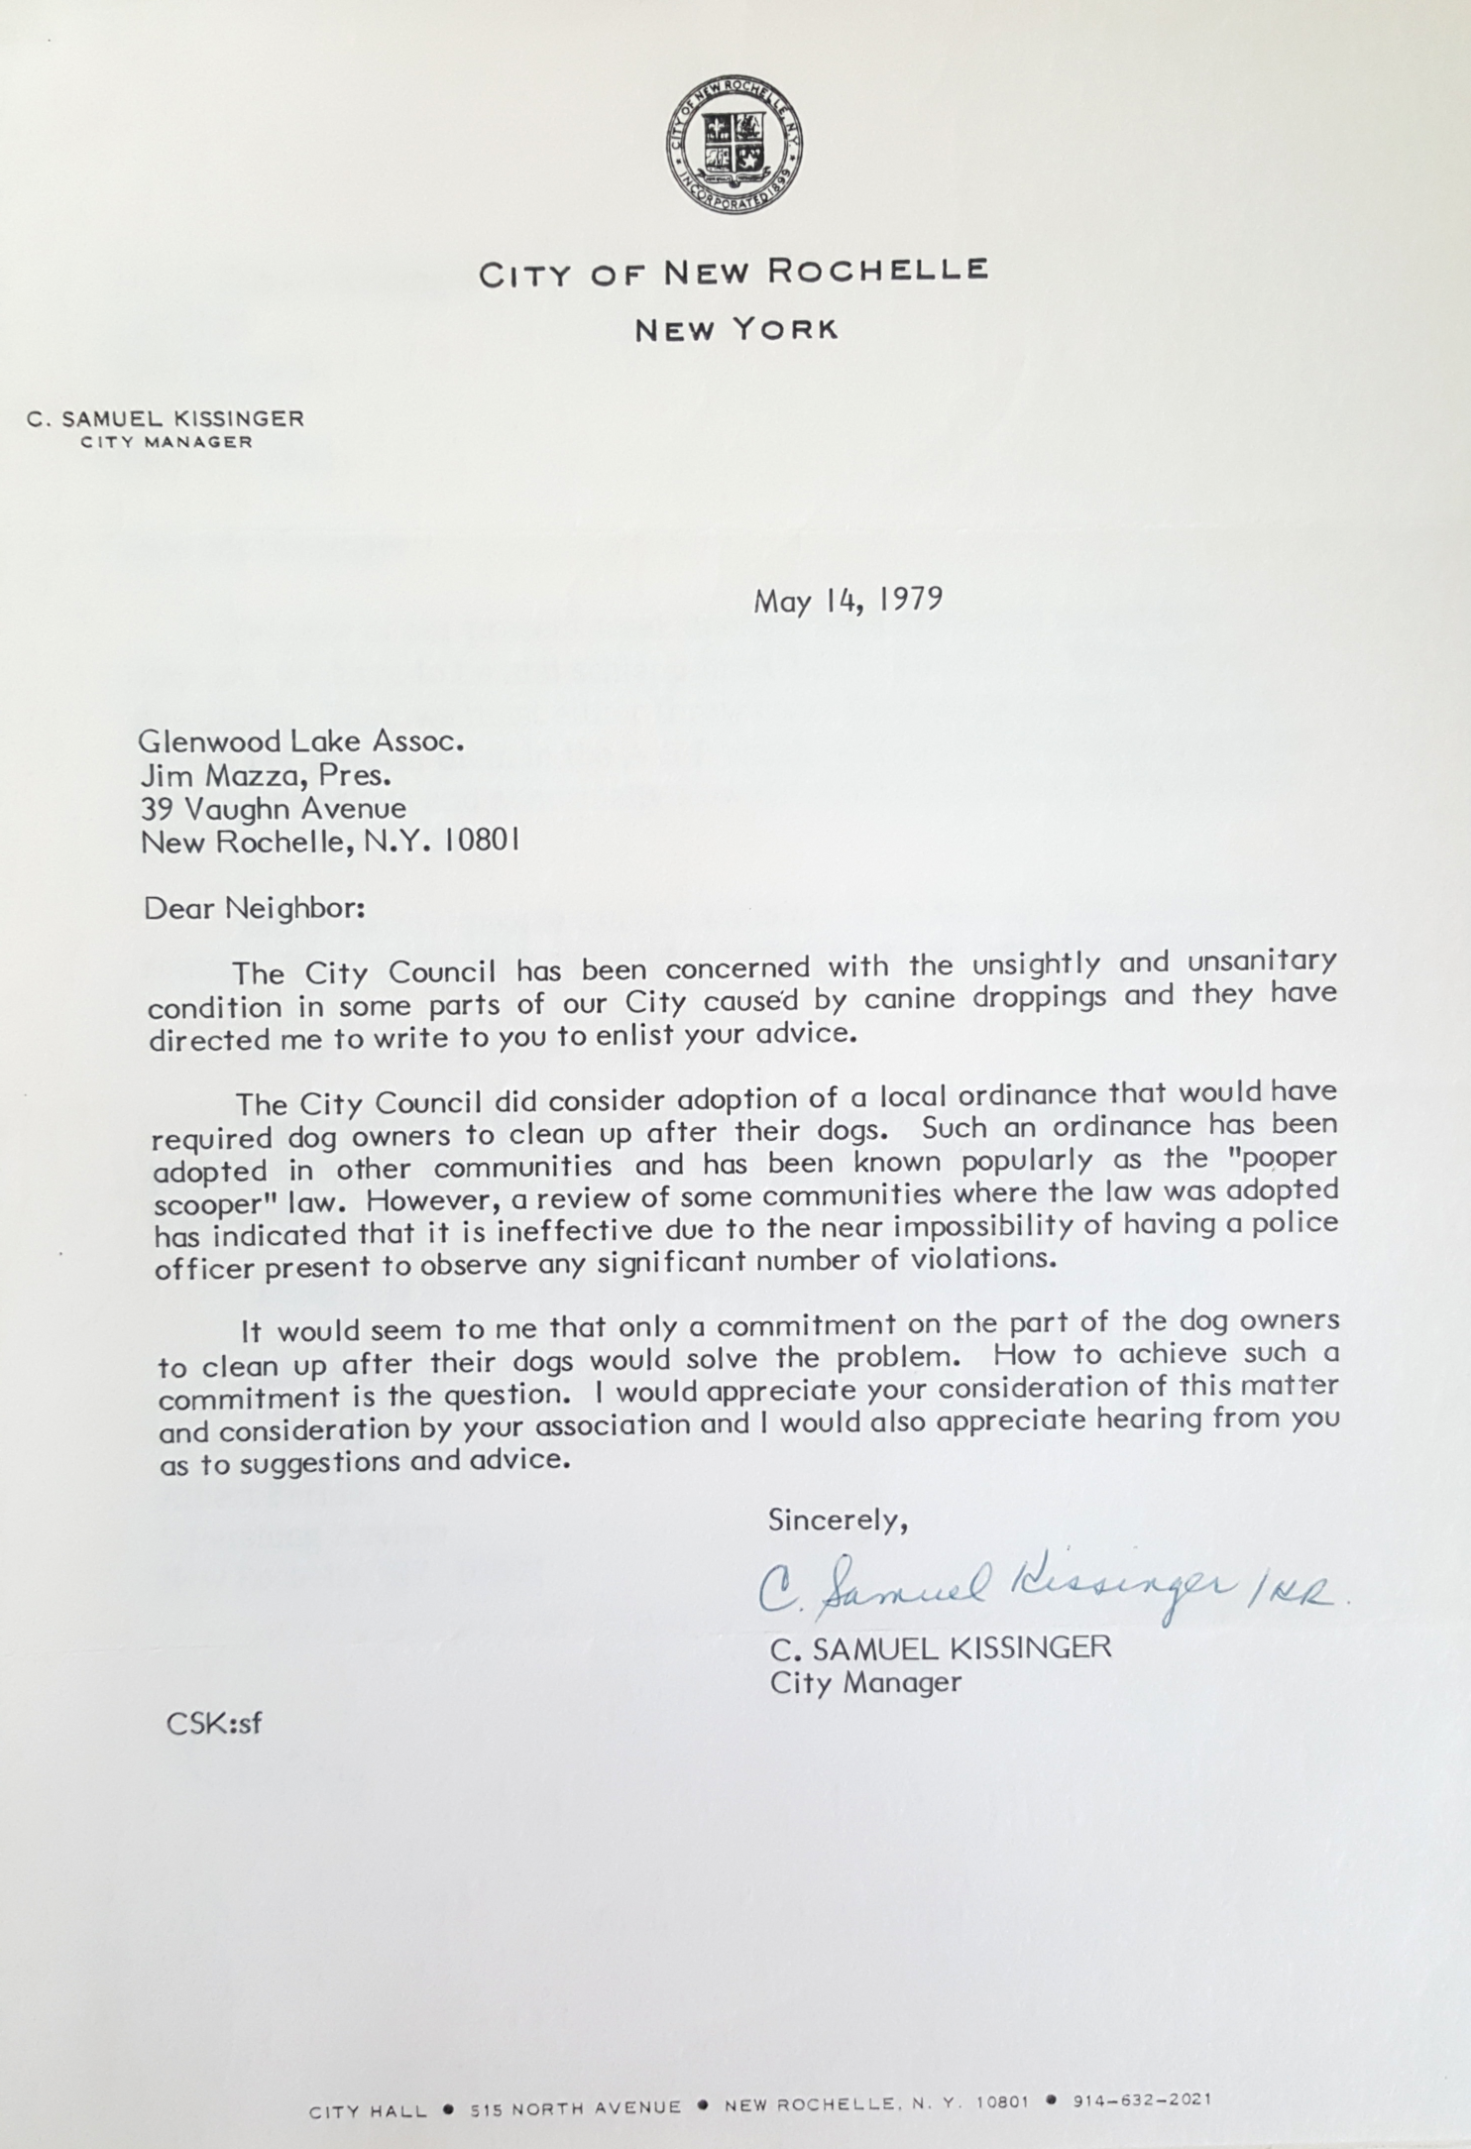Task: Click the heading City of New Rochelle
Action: tap(735, 273)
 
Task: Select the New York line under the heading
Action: tap(736, 330)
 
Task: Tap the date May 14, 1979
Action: tap(847, 602)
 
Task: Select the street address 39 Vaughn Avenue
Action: tap(274, 808)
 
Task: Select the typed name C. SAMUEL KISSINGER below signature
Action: tap(941, 1648)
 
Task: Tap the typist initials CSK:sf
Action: tap(214, 1723)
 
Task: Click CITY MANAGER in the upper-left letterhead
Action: tap(167, 442)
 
